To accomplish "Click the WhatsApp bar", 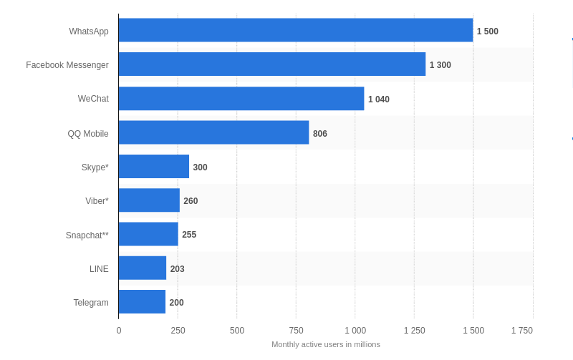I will pos(295,30).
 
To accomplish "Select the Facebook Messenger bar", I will pos(271,64).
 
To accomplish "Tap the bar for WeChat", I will pos(241,99).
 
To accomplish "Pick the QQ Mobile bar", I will pos(213,132).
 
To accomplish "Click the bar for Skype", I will pos(153,167).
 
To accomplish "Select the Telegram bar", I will pos(142,302).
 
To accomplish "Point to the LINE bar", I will pos(142,268).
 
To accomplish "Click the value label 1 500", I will pos(487,31).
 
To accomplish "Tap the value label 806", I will pos(319,134).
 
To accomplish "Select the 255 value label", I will pos(189,235).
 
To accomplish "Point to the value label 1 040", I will pos(379,99).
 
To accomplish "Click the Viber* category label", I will pos(97,201).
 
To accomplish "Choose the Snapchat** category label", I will pos(87,235).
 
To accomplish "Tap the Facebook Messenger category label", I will pos(67,65).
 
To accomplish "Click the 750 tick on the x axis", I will pos(296,331).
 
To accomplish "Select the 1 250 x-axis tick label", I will pos(414,331).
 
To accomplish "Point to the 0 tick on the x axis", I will pos(119,331).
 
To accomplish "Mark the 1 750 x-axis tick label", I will pos(521,331).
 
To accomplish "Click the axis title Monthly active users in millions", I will pos(326,344).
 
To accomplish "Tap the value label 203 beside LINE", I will pos(177,269).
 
